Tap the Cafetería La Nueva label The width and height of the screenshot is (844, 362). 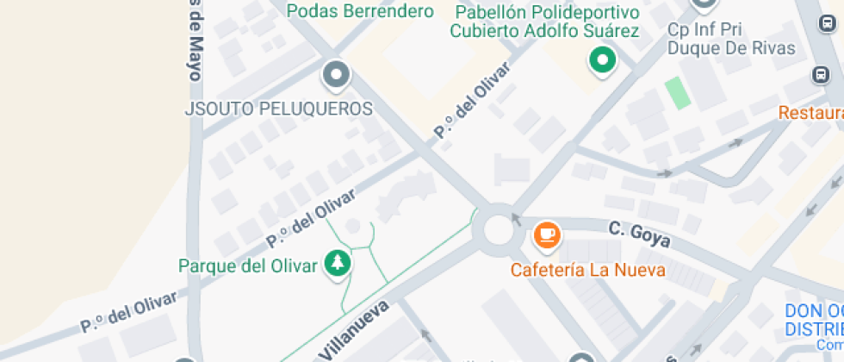[x=588, y=269]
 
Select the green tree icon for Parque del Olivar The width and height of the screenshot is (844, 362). [x=337, y=265]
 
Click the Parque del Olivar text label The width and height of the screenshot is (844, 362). [x=248, y=265]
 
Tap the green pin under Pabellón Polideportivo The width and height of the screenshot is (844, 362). [x=603, y=60]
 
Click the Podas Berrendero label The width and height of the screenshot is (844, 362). [x=360, y=11]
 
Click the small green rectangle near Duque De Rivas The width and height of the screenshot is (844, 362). [x=679, y=92]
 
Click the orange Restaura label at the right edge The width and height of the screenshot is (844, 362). [x=810, y=113]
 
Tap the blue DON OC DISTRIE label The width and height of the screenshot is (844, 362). [x=814, y=321]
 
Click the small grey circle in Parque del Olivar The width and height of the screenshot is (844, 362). [x=352, y=227]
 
